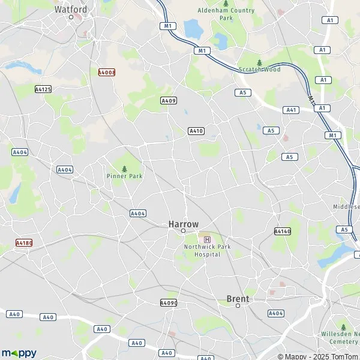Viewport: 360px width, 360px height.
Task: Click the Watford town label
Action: coord(71,10)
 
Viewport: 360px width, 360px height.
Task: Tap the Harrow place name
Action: coord(183,224)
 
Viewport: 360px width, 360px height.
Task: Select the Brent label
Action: coord(238,298)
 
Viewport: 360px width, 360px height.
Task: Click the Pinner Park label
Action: coord(124,176)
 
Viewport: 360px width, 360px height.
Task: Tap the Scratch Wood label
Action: coord(259,70)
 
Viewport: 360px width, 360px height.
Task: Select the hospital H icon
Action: coord(208,239)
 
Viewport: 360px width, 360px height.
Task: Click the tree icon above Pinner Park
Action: coord(124,168)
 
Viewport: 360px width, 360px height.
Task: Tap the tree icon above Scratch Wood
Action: coord(259,62)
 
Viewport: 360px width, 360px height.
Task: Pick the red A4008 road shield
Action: coord(107,72)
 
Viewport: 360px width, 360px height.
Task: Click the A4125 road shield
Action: coord(43,89)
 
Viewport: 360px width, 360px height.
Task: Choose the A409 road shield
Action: coord(169,101)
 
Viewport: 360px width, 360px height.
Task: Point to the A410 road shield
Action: coord(196,131)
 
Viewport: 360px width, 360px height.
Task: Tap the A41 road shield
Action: coord(292,110)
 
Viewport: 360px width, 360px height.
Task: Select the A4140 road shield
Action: coord(282,231)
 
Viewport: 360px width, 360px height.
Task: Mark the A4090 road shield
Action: coord(169,303)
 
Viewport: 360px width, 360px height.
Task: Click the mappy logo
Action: coord(19,353)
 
